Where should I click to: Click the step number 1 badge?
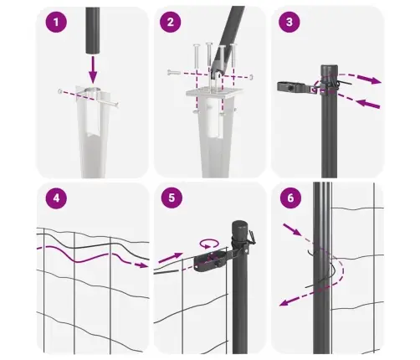point(56,23)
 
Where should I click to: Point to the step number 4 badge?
point(56,201)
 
